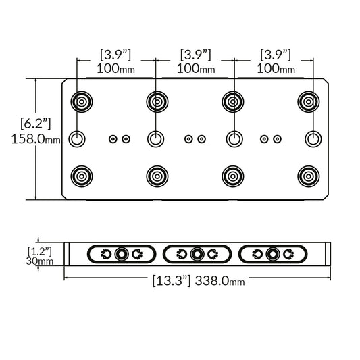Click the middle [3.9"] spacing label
click(x=196, y=54)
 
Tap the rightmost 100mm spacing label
click(x=276, y=69)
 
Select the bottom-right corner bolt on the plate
click(x=309, y=176)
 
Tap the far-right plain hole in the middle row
click(x=312, y=139)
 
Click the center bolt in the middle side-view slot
click(x=197, y=254)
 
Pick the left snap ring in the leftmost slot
click(x=107, y=254)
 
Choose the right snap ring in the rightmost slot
click(x=289, y=254)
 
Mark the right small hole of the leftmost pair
click(x=126, y=139)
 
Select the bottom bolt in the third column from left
click(x=234, y=176)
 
